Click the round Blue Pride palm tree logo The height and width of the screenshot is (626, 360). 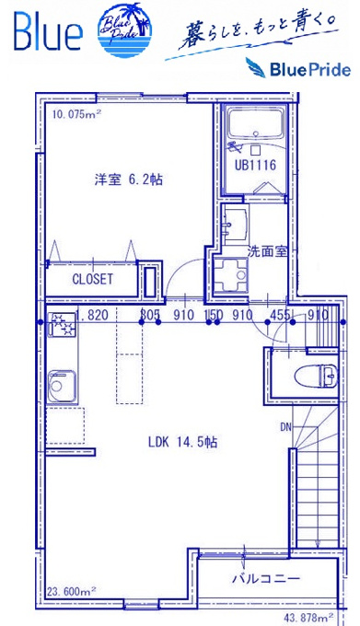124,30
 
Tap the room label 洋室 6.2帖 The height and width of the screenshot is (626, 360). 129,180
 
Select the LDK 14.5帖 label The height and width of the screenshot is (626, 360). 183,442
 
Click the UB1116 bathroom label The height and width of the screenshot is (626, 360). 255,165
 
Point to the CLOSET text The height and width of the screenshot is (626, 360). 93,279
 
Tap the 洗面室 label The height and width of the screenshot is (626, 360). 267,252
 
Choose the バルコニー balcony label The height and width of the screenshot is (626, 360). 266,578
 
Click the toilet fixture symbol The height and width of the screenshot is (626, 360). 316,376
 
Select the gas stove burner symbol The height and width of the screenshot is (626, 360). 62,324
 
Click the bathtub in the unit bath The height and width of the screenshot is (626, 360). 256,123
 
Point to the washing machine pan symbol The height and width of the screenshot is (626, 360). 230,274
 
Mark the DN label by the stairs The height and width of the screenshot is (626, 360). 285,427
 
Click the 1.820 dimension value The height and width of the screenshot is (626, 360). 92,315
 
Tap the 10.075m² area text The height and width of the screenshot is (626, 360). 76,114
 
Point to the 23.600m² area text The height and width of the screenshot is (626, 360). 72,590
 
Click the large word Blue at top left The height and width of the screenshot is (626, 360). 48,31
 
